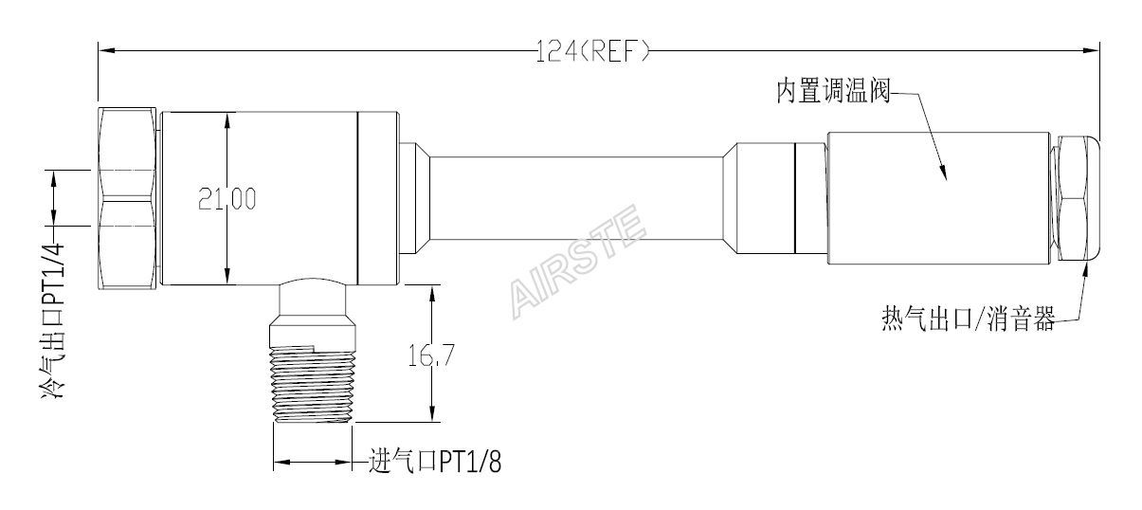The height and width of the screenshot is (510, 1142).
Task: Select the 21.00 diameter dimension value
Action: coord(227,198)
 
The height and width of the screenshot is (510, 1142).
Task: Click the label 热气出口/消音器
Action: coord(967,321)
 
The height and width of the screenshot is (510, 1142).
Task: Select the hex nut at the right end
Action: coord(1077,199)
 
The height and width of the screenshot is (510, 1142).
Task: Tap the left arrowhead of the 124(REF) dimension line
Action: coord(104,47)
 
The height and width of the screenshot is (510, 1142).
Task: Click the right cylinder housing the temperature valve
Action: coord(938,199)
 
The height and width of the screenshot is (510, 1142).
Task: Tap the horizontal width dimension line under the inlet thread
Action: coord(313,464)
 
